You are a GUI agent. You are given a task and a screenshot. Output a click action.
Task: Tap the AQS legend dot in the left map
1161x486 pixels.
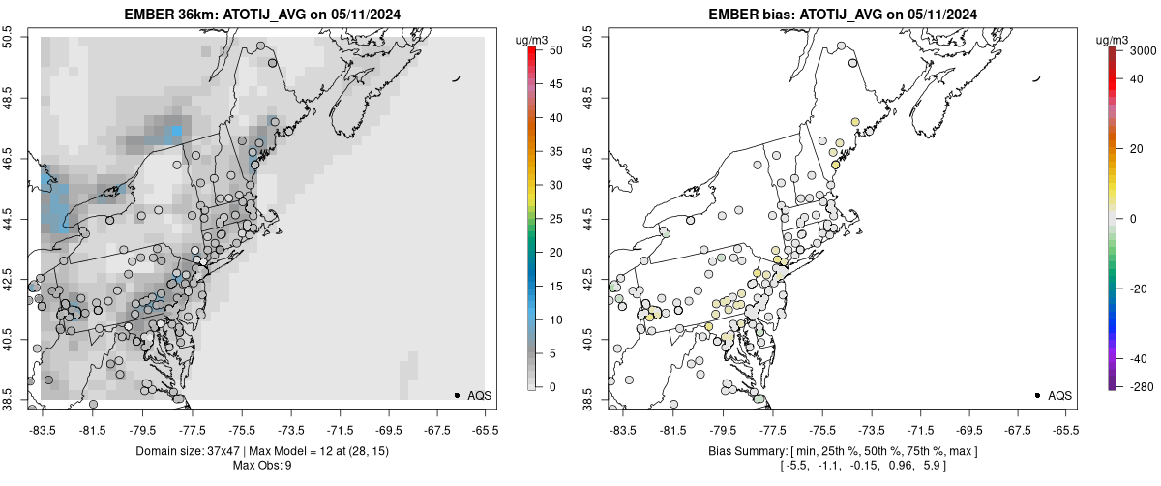[x=456, y=395]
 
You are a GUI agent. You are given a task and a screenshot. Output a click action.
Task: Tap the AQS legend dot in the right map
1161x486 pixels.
[x=1036, y=395]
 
